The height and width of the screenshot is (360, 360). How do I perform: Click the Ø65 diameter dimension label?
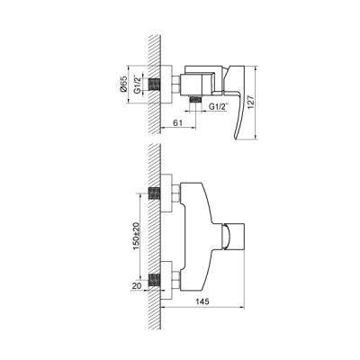pos(123,85)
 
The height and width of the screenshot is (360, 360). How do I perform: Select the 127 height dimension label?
pos(251,102)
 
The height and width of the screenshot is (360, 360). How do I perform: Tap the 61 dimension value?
pos(178,122)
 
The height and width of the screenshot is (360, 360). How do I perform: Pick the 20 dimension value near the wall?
pos(137,286)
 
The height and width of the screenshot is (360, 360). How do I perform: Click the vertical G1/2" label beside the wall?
pos(138,85)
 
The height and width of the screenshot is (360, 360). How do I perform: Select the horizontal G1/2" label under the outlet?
pos(219,106)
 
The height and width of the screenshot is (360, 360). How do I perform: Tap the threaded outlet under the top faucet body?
pos(196,100)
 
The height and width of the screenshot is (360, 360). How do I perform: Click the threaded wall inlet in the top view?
pos(155,84)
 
